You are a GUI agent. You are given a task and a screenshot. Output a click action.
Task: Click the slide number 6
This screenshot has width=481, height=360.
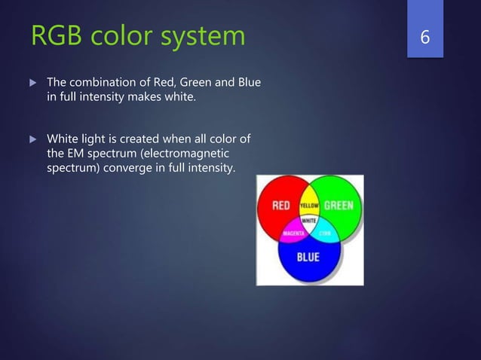424,35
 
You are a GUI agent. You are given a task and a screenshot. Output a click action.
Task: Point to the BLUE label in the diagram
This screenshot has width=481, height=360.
309,257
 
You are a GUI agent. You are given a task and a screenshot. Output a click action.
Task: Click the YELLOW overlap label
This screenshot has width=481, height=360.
310,205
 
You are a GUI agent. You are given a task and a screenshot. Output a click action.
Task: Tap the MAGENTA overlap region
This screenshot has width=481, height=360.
293,233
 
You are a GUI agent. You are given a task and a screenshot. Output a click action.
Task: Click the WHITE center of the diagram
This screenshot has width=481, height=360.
310,221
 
